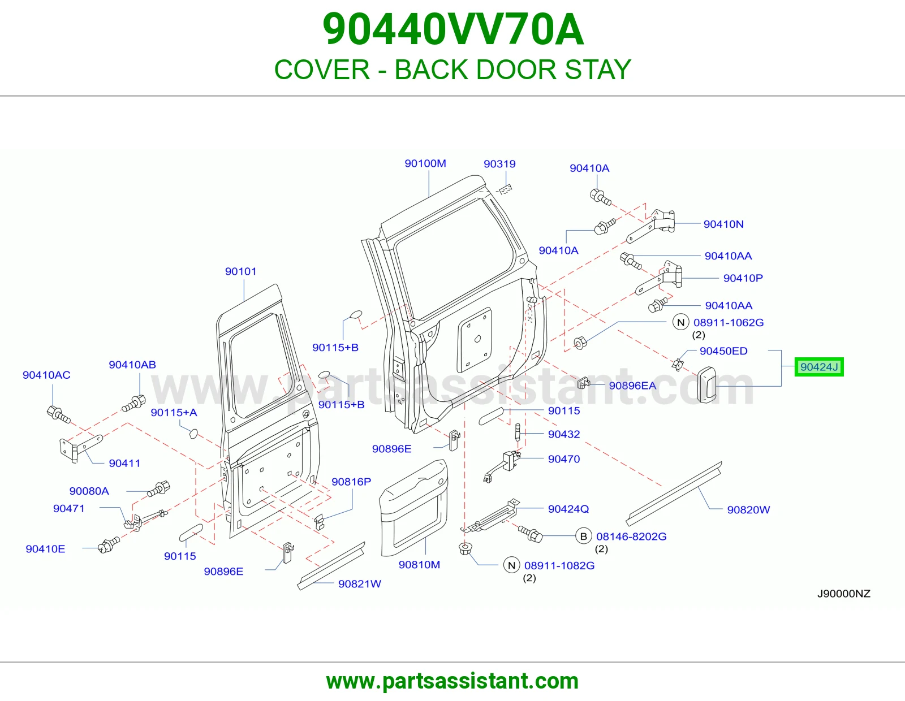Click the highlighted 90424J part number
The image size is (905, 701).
point(819,367)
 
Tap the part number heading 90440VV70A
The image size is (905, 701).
point(453,29)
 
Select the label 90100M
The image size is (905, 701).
point(425,163)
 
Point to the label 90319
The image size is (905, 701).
point(499,164)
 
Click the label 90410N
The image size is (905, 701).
point(723,224)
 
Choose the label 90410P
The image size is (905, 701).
point(743,278)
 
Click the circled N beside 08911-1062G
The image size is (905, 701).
point(680,322)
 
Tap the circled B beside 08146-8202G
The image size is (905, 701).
point(584,536)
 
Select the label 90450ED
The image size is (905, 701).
point(723,351)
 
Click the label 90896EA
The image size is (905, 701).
point(632,386)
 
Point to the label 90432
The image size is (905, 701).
point(564,434)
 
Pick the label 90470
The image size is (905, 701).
point(564,458)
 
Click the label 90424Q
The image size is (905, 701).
point(568,509)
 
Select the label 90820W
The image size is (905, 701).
point(748,509)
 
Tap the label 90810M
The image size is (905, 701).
point(419,564)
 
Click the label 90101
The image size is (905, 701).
point(241,271)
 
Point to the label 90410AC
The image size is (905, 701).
point(46,375)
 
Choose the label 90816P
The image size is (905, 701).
point(351,482)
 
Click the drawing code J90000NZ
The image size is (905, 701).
point(844,594)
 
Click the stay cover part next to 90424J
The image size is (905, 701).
point(707,385)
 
